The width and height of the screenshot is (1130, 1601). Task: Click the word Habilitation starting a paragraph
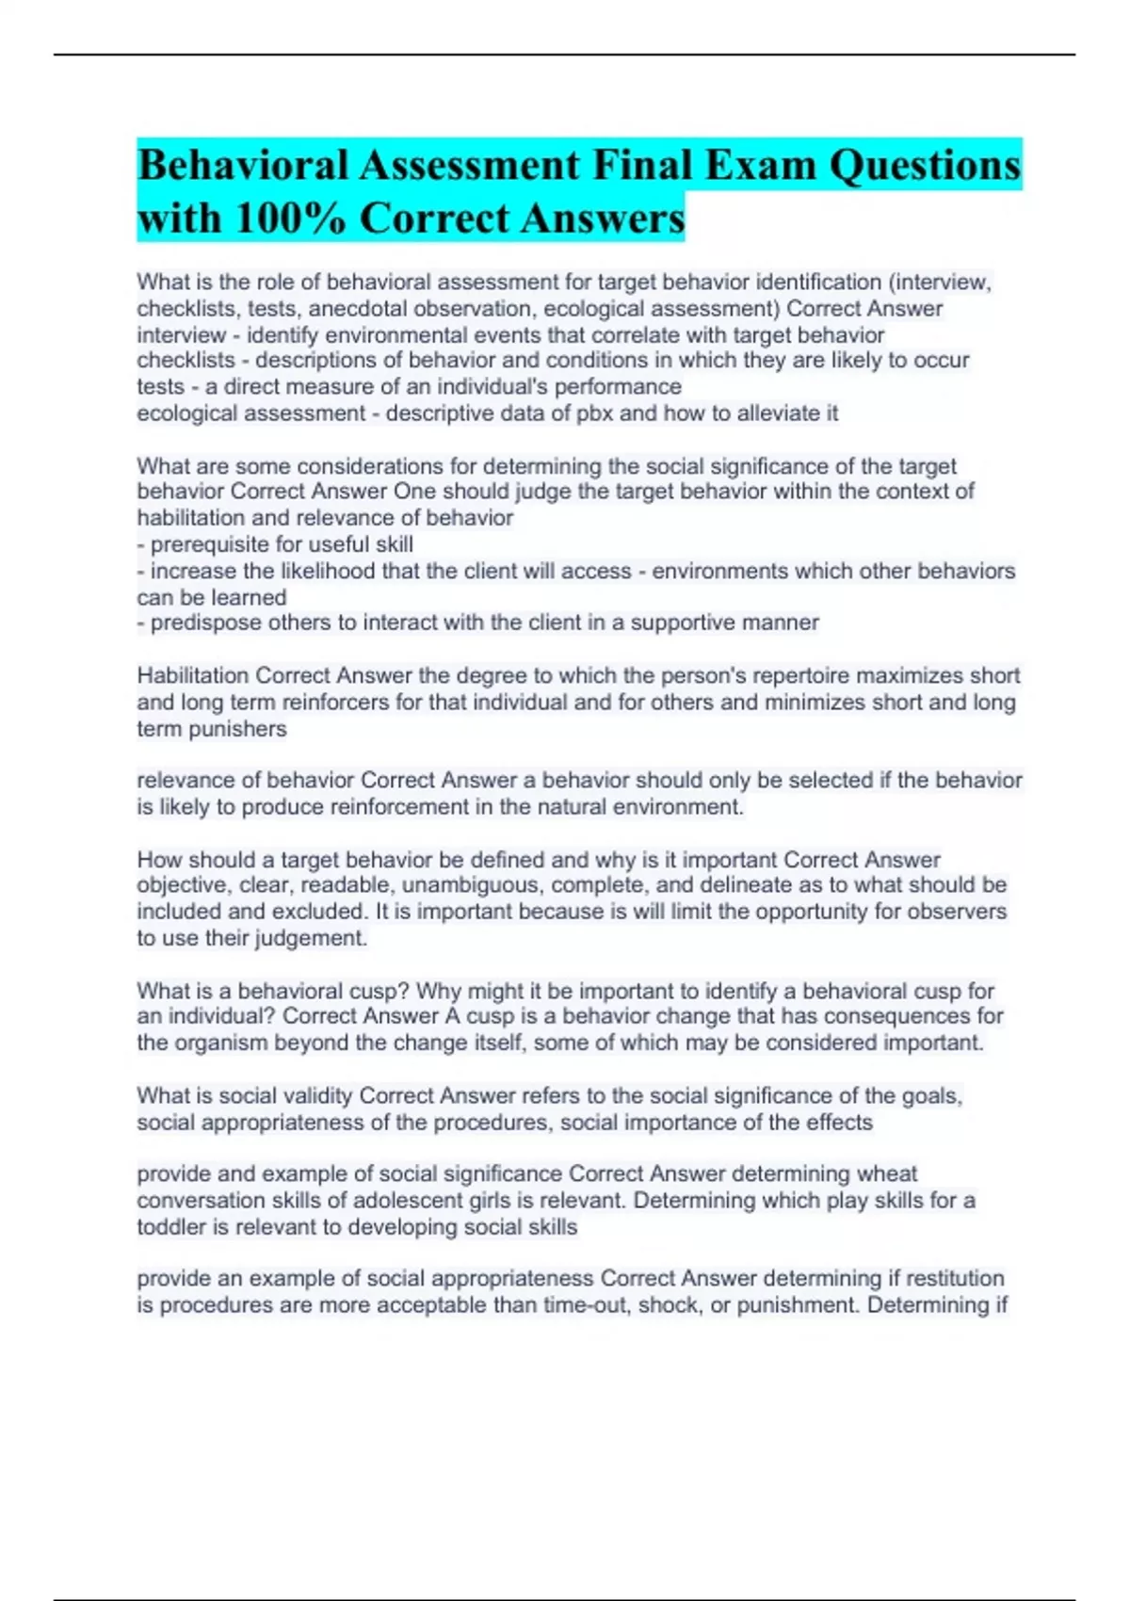[x=193, y=675]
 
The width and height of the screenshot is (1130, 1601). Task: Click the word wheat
[x=886, y=1173]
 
